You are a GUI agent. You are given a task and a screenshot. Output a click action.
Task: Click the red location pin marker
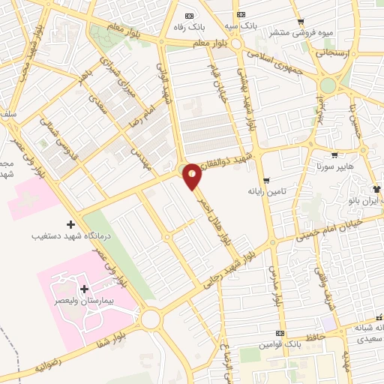coord(192,175)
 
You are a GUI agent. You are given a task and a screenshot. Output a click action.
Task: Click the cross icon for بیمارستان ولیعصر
coord(83,289)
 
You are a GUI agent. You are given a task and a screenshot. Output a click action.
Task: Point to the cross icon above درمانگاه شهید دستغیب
coord(71,224)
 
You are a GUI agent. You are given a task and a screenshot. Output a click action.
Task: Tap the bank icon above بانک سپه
coord(241,15)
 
